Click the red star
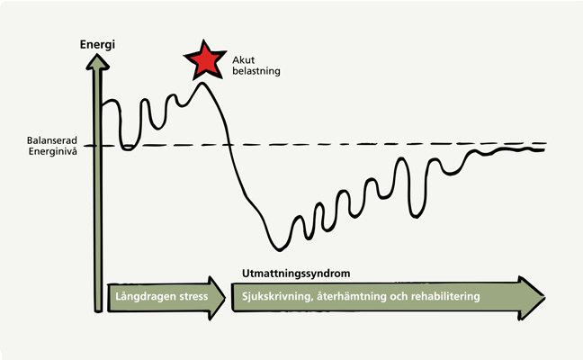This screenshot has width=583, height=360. (x=205, y=60)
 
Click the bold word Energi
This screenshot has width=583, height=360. (x=97, y=45)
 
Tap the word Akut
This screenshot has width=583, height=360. (x=244, y=60)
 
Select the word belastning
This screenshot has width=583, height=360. (x=256, y=71)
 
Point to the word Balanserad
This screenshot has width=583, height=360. (x=52, y=140)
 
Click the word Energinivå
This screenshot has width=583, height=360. (x=53, y=151)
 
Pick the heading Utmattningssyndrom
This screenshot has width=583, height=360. (x=296, y=274)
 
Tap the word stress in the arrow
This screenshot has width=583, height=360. (x=193, y=297)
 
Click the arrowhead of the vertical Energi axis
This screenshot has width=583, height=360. (x=97, y=61)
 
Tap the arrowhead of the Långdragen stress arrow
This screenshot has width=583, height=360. (x=217, y=298)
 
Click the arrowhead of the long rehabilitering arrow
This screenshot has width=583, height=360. (x=532, y=298)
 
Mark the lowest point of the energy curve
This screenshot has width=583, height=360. (x=280, y=250)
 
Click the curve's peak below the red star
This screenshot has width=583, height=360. (x=202, y=83)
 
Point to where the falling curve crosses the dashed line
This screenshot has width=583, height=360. (x=229, y=144)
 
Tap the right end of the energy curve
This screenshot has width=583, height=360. (x=544, y=150)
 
